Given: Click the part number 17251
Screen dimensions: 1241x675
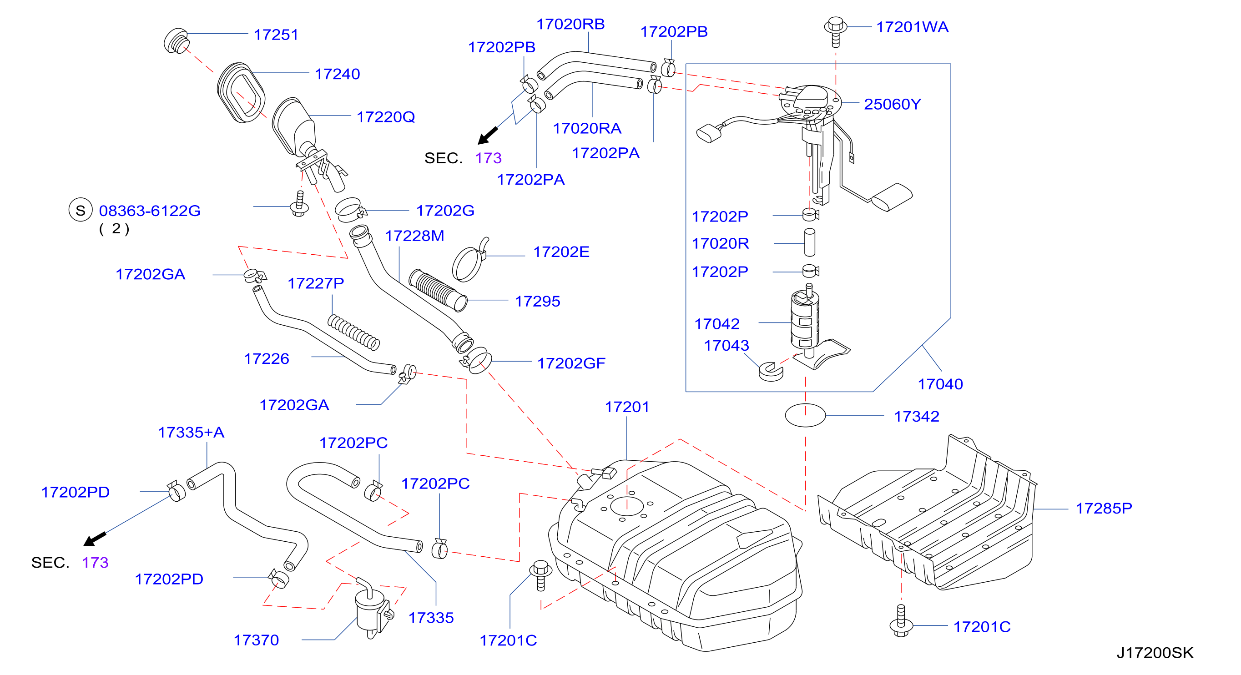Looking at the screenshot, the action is [x=276, y=35].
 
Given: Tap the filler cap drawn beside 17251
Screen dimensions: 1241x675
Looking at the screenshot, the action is [x=177, y=41].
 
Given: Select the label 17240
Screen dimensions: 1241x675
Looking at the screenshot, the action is [x=337, y=74].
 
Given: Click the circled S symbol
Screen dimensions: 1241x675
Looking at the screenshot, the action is [x=81, y=210].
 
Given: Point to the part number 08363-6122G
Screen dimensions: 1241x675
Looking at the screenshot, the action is [x=150, y=211].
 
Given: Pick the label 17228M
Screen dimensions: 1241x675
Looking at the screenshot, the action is [x=414, y=236].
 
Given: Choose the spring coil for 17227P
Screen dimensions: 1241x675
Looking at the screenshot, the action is [x=353, y=332].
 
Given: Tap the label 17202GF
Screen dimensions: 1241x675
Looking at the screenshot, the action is [x=571, y=363].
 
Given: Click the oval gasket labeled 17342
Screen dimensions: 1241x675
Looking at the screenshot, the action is [x=806, y=415].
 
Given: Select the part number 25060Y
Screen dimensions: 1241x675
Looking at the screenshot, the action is [x=892, y=104].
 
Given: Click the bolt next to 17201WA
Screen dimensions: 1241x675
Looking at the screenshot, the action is [x=836, y=32].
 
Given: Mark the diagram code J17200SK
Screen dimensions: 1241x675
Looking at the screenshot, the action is [x=1155, y=652].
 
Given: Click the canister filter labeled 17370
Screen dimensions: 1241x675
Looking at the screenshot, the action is [x=373, y=608].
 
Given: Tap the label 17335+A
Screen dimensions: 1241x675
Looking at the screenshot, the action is [x=191, y=432].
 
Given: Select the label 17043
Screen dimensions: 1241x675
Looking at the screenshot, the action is [x=726, y=345].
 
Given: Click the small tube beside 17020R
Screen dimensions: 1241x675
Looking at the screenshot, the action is [x=809, y=242].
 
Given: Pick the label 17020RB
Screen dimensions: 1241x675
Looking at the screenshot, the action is [x=570, y=24].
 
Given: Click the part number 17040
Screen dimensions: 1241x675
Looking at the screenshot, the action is [x=940, y=384].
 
